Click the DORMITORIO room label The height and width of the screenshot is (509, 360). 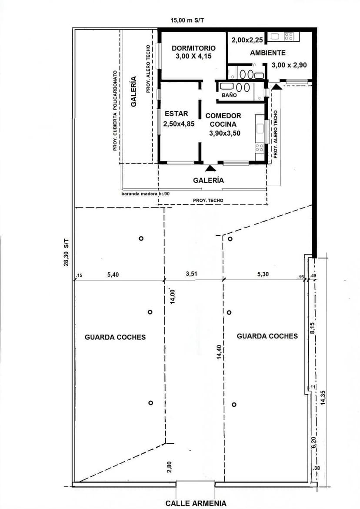193,48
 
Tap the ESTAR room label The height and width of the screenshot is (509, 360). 176,114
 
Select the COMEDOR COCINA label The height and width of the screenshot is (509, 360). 223,120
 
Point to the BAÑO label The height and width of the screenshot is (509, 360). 229,95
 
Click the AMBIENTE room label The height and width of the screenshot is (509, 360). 267,53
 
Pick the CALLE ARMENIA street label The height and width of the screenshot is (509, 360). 196,503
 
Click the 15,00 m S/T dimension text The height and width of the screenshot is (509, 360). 187,20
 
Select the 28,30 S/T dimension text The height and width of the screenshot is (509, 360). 66,253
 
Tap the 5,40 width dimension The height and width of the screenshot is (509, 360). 113,275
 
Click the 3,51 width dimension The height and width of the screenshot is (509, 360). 191,274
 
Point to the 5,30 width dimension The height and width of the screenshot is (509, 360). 263,274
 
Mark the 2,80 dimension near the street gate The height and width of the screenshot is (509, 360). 170,467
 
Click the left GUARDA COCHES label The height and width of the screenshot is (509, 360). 115,337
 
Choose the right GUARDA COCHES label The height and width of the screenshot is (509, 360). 267,336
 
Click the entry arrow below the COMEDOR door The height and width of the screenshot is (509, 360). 210,168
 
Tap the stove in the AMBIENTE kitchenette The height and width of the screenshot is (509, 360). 289,37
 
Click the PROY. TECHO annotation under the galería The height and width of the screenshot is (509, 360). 208,201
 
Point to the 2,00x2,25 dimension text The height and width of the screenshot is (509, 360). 247,40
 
